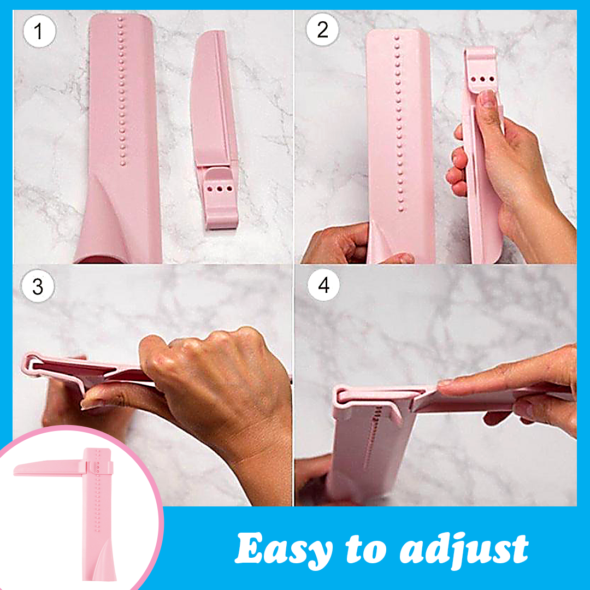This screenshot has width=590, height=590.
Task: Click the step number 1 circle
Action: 39,31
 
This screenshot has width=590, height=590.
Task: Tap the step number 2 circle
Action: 322,29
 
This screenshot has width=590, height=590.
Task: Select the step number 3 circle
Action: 38,286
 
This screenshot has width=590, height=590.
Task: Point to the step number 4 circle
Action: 323,285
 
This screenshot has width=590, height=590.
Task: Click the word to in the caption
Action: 366,550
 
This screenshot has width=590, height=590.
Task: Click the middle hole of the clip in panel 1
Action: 220,188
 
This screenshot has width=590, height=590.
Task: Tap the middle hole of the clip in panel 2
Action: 482,79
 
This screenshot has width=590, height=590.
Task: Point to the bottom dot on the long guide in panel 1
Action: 123,163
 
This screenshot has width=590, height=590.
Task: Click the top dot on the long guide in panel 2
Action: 397,38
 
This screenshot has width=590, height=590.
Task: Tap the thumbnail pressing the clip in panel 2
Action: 488,98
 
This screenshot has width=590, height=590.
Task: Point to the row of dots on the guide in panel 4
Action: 373,437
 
